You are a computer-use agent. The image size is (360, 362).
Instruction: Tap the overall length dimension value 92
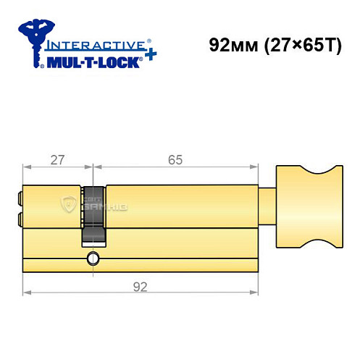pyautogui.click(x=141, y=286)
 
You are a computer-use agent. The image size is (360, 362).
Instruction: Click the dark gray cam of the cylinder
pyautogui.click(x=93, y=214)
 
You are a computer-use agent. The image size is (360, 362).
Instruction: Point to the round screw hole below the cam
pyautogui.click(x=93, y=259)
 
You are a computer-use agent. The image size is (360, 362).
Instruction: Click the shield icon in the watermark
pyautogui.click(x=71, y=205)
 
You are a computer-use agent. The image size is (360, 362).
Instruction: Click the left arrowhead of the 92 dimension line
pyautogui.click(x=27, y=292)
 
